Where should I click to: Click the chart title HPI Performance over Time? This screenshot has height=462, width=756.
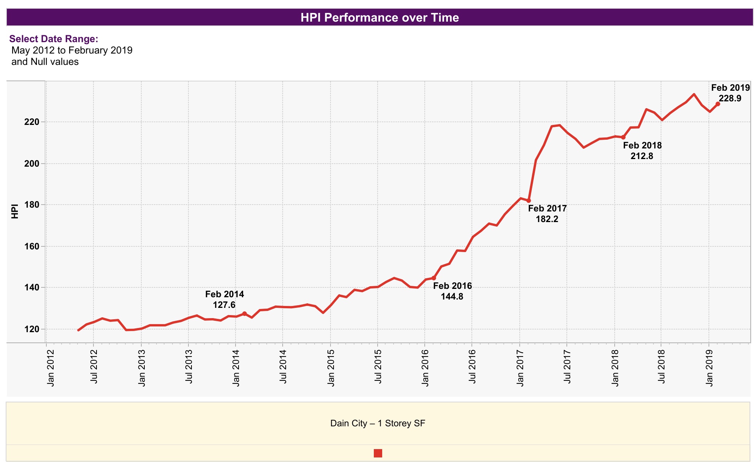[x=380, y=17]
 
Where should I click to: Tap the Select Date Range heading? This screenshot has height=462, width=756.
[x=54, y=39]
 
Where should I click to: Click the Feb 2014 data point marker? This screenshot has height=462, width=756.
[x=244, y=314]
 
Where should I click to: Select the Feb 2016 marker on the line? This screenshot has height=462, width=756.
[x=434, y=278]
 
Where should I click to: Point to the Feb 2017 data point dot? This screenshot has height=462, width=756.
[x=528, y=200]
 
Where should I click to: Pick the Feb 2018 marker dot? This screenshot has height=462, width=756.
[x=623, y=137]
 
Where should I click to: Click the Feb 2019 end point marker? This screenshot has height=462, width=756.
[x=718, y=104]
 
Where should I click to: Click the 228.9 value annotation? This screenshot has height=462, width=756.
[x=730, y=98]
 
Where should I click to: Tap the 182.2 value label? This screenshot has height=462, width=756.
[x=547, y=219]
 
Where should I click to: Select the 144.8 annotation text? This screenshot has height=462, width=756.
[x=452, y=296]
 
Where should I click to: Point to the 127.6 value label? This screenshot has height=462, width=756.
[x=224, y=305]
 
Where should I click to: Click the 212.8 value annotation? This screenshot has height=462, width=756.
[x=642, y=156]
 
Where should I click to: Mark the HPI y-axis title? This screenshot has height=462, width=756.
[x=15, y=211]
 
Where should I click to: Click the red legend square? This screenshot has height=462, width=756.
[x=378, y=453]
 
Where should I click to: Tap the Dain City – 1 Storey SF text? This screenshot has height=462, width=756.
[x=378, y=423]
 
